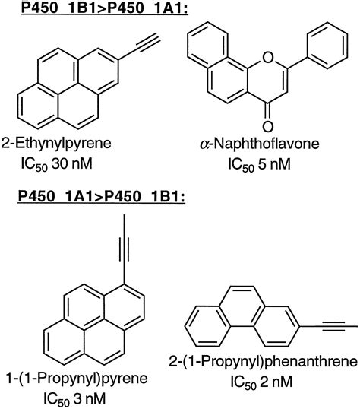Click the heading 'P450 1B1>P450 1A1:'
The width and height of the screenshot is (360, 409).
[x=104, y=8]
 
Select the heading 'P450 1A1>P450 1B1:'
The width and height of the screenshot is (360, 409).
[x=102, y=196]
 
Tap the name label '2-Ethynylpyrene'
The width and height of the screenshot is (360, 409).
[x=56, y=144]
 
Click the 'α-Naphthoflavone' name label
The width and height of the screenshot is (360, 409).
[x=260, y=144]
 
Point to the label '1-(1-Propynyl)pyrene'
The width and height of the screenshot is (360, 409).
[x=77, y=379]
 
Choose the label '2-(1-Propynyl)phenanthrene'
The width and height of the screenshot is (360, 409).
[x=263, y=362]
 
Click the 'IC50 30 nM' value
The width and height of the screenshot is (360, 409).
[x=56, y=164]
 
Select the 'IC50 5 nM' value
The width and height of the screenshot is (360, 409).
[x=259, y=165]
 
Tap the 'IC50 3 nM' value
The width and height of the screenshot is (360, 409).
[x=74, y=399]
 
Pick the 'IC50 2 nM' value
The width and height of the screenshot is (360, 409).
[x=261, y=382]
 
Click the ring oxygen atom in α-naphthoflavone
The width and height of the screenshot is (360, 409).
[x=267, y=57]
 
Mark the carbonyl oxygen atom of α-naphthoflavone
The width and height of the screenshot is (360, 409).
[x=267, y=126]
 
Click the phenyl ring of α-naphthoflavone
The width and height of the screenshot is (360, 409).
[x=327, y=46]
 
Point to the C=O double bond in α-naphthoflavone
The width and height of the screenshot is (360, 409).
[x=267, y=110]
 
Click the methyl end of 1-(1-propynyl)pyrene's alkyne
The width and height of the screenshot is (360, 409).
[x=125, y=215]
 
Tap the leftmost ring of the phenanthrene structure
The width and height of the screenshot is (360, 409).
[x=204, y=326]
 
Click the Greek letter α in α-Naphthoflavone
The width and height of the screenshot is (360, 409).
[x=205, y=144]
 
